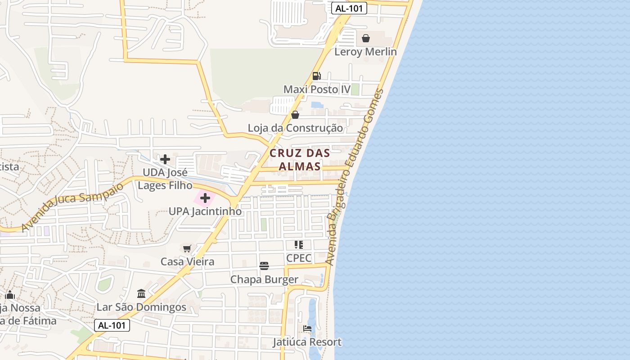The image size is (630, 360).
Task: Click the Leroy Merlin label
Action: (x=365, y=52)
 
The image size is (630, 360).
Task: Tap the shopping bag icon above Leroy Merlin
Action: (x=366, y=38)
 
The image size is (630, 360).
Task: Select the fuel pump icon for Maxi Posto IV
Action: (x=317, y=76)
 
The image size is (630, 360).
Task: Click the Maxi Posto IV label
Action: (x=317, y=89)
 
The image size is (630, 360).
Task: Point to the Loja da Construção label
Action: (x=295, y=128)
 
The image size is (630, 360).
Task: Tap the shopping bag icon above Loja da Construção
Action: (x=295, y=115)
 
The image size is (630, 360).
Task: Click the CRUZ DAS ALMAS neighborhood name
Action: (x=300, y=160)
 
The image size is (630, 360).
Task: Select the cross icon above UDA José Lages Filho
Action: (x=165, y=159)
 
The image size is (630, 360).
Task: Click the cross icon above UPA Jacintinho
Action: (x=205, y=198)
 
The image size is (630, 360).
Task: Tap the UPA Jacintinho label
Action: (x=205, y=211)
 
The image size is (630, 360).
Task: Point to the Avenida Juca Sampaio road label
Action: (x=72, y=207)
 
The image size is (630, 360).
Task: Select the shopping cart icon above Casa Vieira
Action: (x=187, y=248)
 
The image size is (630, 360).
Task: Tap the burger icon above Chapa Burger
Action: (x=264, y=266)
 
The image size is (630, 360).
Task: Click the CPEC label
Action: (x=299, y=258)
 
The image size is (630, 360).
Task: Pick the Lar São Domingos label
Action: (x=141, y=307)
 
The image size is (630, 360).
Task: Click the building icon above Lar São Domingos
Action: (x=141, y=294)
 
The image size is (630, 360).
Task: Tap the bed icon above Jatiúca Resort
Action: (x=307, y=328)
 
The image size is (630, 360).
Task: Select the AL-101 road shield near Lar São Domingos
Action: (x=112, y=325)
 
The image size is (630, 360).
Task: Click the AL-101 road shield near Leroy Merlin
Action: (x=349, y=8)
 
